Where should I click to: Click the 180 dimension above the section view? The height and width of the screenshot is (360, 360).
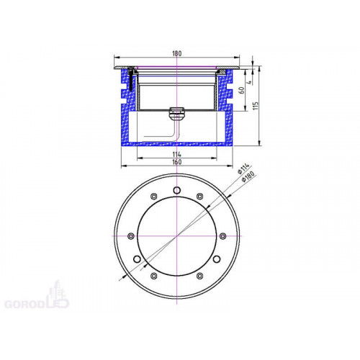click(x=177, y=53)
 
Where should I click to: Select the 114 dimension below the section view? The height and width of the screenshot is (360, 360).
click(x=177, y=154)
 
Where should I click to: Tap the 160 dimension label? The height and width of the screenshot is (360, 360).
click(x=177, y=162)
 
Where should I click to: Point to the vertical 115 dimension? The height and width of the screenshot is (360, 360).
click(x=256, y=106)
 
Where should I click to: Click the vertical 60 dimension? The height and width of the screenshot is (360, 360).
click(x=242, y=91)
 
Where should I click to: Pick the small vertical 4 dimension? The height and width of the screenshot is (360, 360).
click(x=249, y=82)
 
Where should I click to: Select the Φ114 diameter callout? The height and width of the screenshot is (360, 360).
click(x=243, y=168)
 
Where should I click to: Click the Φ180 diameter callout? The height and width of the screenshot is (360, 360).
click(x=248, y=177)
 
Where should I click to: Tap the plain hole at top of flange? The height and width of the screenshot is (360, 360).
click(x=177, y=190)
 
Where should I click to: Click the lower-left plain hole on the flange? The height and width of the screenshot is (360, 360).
click(x=137, y=259)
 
